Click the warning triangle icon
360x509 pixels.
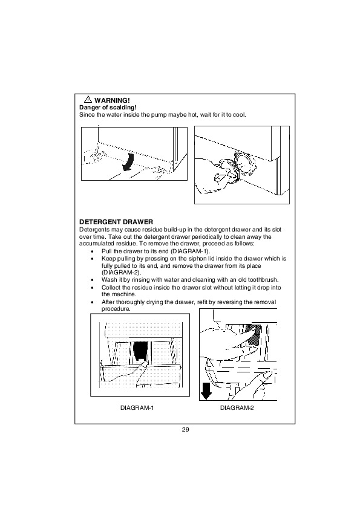(88, 100)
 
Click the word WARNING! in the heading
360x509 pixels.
(112, 100)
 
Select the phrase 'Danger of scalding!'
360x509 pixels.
(108, 108)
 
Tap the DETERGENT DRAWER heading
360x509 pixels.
(116, 222)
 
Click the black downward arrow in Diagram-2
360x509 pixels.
(206, 390)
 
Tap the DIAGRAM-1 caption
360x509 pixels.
(137, 407)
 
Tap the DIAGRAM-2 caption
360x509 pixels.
(237, 407)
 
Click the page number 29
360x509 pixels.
(186, 430)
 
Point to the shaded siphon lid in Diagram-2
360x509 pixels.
(253, 334)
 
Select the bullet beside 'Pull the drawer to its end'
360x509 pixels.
(93, 252)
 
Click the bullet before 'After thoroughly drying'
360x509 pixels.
(93, 302)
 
